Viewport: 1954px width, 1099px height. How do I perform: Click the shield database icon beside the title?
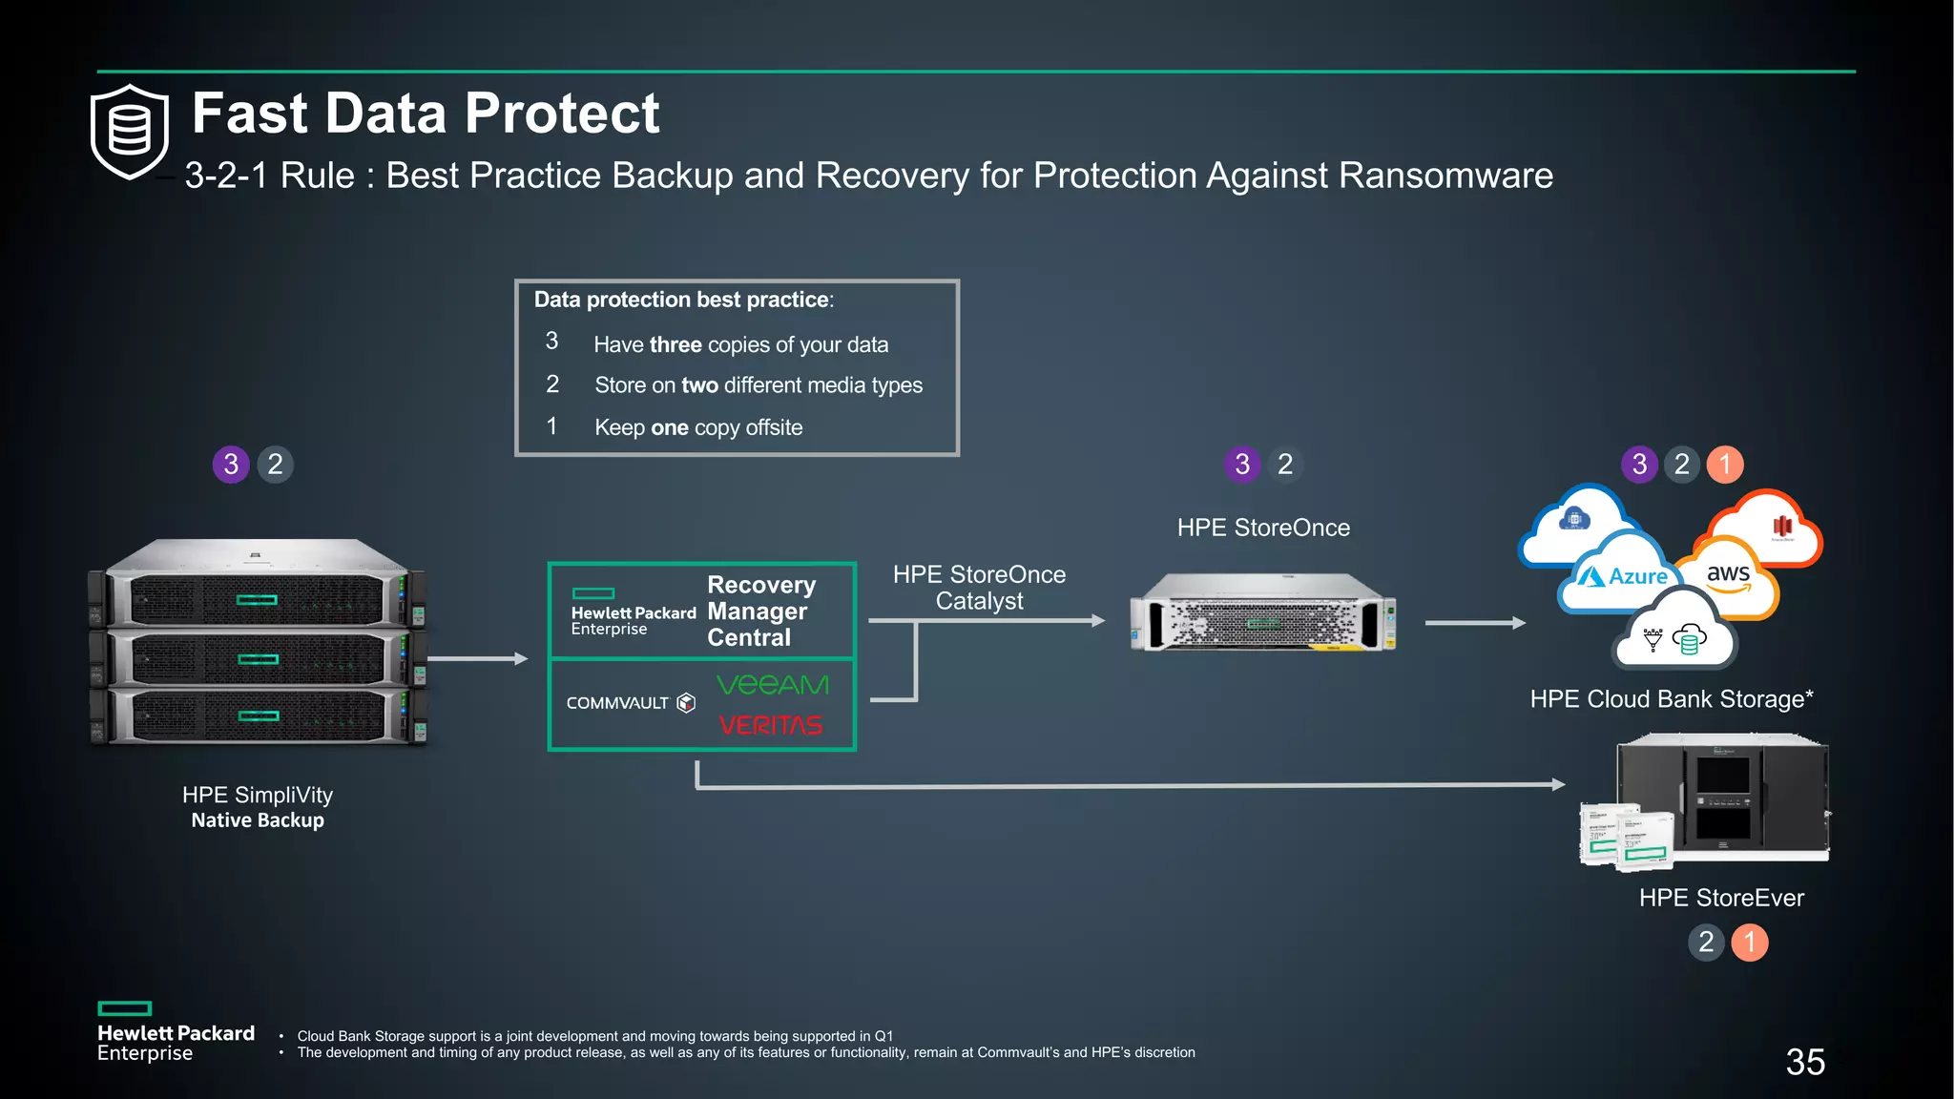(x=130, y=132)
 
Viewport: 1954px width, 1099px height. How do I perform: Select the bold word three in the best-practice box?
(x=675, y=344)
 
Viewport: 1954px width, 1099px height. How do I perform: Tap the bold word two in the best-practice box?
(x=699, y=385)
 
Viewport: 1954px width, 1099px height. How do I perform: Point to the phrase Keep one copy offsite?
(x=698, y=427)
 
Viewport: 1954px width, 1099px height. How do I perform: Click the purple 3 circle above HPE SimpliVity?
(x=231, y=465)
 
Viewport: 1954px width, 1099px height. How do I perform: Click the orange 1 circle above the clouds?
(x=1724, y=465)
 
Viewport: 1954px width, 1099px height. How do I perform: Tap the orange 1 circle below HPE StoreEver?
(x=1749, y=943)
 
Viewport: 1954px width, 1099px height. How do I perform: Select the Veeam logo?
(x=772, y=685)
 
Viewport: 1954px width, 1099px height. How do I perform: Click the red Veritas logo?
(x=770, y=726)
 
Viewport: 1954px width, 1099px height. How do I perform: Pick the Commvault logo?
(x=630, y=703)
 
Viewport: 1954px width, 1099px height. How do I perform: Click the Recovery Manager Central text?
(x=760, y=612)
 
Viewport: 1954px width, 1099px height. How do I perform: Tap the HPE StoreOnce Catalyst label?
(x=979, y=588)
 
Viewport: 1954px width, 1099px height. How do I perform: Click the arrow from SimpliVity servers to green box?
(x=477, y=659)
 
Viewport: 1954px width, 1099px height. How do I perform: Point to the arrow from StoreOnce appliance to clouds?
(x=1474, y=623)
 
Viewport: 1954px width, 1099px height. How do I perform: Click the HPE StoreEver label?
(x=1721, y=898)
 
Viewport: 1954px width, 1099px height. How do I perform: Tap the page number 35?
(x=1805, y=1062)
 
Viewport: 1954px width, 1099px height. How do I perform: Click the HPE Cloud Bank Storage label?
(x=1671, y=699)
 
